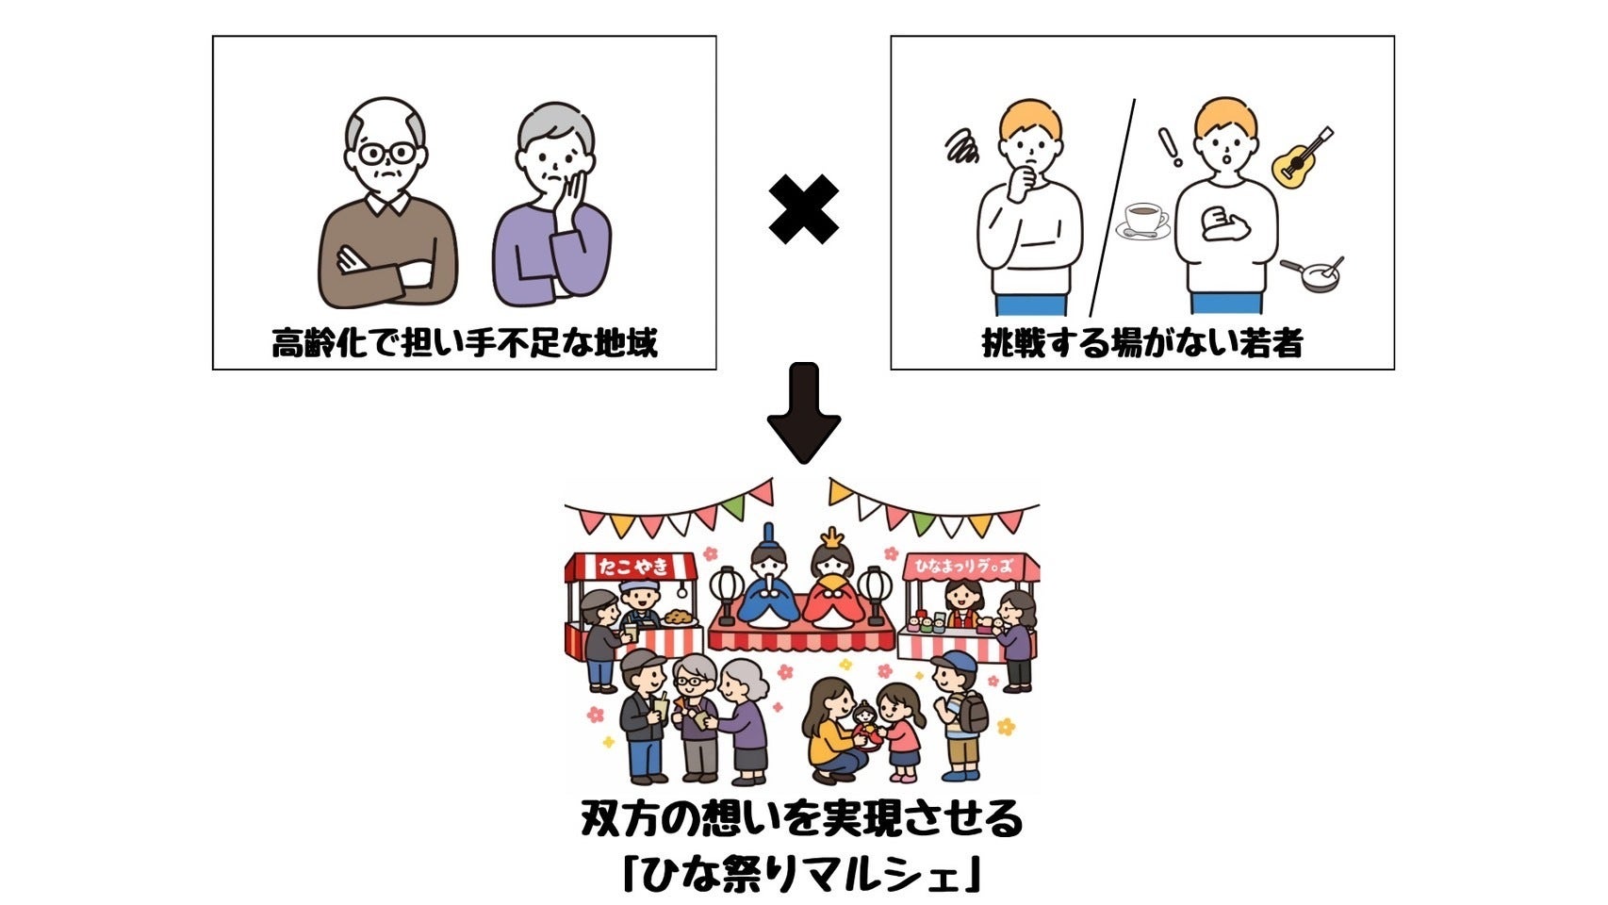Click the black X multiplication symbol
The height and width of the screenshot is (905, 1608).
click(x=803, y=209)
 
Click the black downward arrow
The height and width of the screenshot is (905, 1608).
click(x=803, y=413)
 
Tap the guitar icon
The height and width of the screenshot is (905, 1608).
click(x=1302, y=157)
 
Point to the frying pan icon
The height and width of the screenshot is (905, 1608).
click(x=1313, y=272)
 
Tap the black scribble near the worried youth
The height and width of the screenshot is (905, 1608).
click(x=963, y=147)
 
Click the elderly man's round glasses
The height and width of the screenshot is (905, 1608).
click(x=386, y=153)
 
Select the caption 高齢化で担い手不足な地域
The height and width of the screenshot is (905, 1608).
click(x=464, y=343)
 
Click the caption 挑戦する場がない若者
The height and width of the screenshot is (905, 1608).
click(x=1141, y=343)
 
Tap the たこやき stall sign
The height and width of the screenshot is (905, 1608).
click(x=632, y=566)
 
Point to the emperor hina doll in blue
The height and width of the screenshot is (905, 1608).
click(x=767, y=589)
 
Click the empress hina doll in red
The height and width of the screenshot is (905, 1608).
click(x=834, y=589)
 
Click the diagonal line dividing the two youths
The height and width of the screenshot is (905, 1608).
click(x=1112, y=207)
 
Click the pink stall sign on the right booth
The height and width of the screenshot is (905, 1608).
click(x=971, y=568)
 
